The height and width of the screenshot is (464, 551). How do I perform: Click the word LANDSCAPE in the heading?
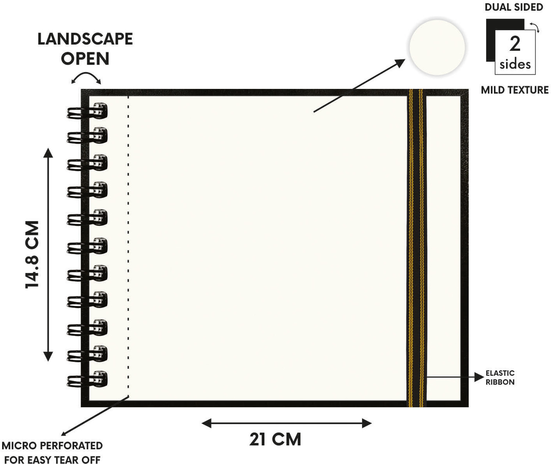click(x=85, y=39)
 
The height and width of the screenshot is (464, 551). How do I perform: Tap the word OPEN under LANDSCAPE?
click(x=85, y=58)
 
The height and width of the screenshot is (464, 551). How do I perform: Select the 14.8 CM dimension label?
click(x=32, y=255)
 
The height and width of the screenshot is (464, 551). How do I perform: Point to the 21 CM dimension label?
click(x=275, y=439)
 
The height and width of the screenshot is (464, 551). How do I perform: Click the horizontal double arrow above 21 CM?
click(x=287, y=423)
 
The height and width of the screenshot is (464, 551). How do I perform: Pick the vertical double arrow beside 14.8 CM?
click(x=48, y=255)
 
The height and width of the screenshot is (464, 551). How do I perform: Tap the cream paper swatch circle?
click(x=437, y=47)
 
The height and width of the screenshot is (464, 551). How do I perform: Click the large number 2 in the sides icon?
click(x=515, y=44)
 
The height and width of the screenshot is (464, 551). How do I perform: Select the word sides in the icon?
click(x=515, y=64)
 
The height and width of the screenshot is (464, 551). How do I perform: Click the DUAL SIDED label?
click(x=514, y=7)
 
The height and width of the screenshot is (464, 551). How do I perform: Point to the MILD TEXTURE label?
click(x=515, y=90)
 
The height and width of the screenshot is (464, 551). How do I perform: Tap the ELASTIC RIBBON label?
click(x=500, y=377)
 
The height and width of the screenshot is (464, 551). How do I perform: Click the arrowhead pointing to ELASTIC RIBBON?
click(x=479, y=377)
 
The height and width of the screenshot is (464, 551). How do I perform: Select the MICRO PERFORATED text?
click(x=52, y=446)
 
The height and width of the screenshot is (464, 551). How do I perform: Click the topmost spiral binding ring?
click(x=87, y=111)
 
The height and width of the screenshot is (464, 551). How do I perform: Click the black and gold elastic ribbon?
click(x=416, y=248)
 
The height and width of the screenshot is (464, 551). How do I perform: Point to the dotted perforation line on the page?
click(x=128, y=246)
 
